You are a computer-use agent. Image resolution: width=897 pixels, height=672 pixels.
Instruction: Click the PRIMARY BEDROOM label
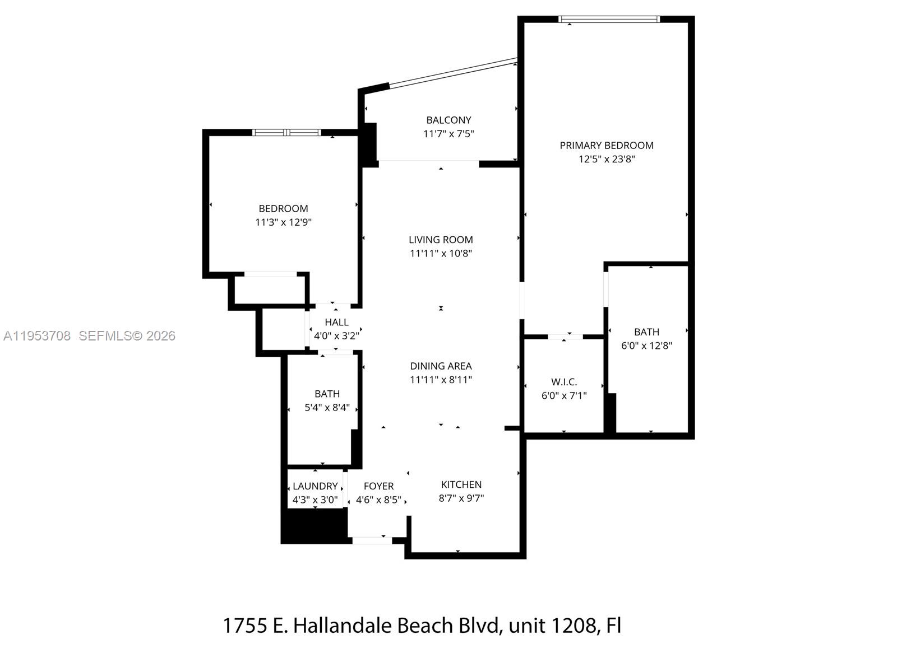[606, 145]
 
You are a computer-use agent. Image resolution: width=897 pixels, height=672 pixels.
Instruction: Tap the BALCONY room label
[449, 120]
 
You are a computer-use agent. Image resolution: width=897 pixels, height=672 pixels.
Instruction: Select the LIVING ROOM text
[441, 240]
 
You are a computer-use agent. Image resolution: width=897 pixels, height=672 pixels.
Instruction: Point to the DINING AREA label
[441, 366]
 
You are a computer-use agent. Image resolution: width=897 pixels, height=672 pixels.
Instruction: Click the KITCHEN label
[461, 484]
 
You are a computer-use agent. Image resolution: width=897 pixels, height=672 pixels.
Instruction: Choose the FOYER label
[378, 486]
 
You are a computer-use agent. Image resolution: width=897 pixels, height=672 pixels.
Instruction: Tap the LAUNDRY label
[315, 486]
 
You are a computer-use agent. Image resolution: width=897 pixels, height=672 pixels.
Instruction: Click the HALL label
[336, 322]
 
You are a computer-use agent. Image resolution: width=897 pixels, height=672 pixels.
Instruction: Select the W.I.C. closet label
[564, 382]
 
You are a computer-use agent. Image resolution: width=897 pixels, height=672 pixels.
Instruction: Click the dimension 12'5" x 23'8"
[606, 159]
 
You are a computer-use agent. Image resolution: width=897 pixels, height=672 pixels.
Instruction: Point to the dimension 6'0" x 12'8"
[646, 346]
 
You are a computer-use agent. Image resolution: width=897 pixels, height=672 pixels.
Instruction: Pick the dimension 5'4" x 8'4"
[327, 408]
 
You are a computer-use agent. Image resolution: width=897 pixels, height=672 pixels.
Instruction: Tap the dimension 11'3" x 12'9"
[283, 222]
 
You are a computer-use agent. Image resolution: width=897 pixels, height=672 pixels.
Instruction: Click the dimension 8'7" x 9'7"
[461, 498]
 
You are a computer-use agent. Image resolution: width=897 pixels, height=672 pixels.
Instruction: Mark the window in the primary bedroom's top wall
[609, 19]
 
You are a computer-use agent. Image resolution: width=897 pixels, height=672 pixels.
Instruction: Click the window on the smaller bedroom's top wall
[286, 133]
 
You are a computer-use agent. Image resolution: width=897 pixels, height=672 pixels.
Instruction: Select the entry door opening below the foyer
[372, 540]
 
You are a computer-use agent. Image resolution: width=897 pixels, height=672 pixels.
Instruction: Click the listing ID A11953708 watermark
[37, 336]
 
